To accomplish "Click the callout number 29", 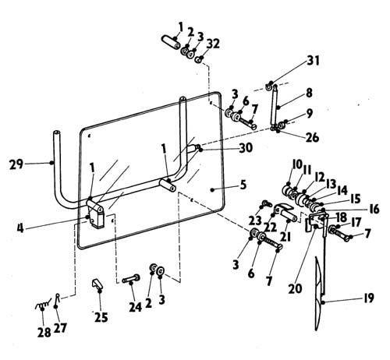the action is (x=16, y=164).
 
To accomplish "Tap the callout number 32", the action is (x=213, y=44).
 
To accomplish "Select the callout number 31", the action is (x=313, y=61).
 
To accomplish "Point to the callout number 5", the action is (x=243, y=185).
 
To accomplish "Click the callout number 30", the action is (x=246, y=148).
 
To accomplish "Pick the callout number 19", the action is (x=369, y=298).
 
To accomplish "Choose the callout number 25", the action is (x=101, y=317).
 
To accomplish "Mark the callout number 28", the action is (x=44, y=333).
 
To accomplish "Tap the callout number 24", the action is (x=136, y=307).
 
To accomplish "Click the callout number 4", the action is (x=20, y=228).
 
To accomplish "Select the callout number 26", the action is (x=312, y=137).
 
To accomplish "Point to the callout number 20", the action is (x=296, y=288).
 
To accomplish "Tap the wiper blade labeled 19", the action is (x=320, y=294).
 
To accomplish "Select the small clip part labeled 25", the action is (x=98, y=284).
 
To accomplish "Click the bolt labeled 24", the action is (x=131, y=279).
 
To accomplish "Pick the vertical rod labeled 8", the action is (x=274, y=106).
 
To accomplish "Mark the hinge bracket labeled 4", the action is (x=95, y=214).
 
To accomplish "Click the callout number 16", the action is (x=374, y=209).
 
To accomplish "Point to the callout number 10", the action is (x=297, y=164).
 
